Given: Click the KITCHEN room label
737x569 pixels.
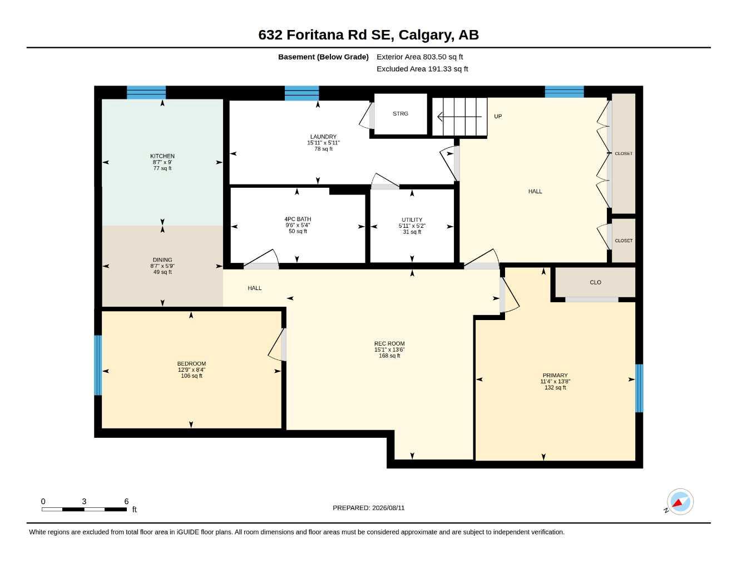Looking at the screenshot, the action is pos(162,156).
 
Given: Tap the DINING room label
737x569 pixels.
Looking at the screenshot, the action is pos(162,260).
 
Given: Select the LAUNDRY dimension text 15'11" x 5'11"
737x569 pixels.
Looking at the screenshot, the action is pos(323,143).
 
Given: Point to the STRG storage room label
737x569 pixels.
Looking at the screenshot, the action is pos(400,114).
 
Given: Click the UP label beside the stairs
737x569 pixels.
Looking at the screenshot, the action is pos(498,117).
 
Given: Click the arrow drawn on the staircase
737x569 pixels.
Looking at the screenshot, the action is pos(459,117).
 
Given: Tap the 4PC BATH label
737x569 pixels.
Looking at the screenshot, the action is pos(298,219).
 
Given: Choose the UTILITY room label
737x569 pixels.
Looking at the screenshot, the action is pos(412,220).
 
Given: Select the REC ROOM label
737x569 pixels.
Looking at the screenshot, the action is pos(389,343).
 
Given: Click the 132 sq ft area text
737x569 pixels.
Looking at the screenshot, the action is pos(555,387).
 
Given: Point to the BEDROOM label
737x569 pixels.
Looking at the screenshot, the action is pos(191,364).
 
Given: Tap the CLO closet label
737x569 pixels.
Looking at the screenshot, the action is pos(595,282).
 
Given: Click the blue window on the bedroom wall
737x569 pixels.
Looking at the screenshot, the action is pos(98,365).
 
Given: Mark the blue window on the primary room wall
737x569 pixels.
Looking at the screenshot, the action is pos(639,388).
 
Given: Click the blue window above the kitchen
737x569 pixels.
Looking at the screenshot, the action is pos(146,92).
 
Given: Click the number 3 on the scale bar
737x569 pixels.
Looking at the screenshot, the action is pos(84,501).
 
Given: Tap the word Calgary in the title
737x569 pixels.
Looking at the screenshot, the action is pos(426,35).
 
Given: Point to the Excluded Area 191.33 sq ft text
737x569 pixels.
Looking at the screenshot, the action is pos(422,69).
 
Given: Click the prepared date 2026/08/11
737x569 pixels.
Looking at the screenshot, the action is pos(388,508).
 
